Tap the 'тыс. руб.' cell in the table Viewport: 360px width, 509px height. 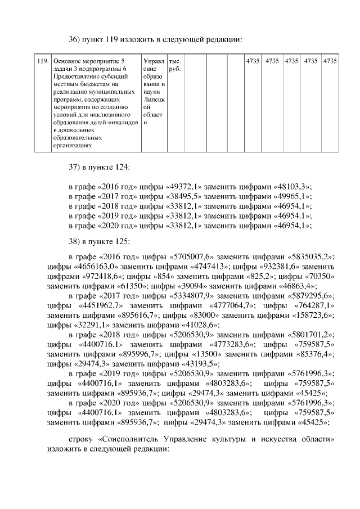click(x=174, y=65)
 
